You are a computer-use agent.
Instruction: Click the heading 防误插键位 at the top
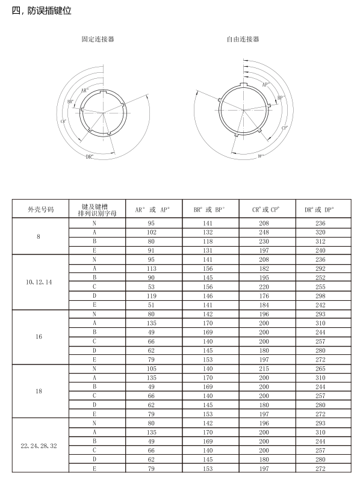click(49, 11)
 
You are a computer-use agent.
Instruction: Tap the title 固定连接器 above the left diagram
click(98, 39)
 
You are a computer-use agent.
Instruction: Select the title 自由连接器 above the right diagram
click(243, 39)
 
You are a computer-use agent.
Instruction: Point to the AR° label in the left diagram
click(85, 90)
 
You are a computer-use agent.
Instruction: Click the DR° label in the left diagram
click(90, 157)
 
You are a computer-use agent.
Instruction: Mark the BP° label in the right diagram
click(281, 97)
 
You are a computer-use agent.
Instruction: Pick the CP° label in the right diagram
click(285, 128)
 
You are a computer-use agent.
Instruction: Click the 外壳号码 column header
click(41, 209)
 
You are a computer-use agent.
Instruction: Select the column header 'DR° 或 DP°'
click(319, 210)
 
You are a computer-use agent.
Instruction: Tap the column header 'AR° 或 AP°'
click(152, 210)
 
